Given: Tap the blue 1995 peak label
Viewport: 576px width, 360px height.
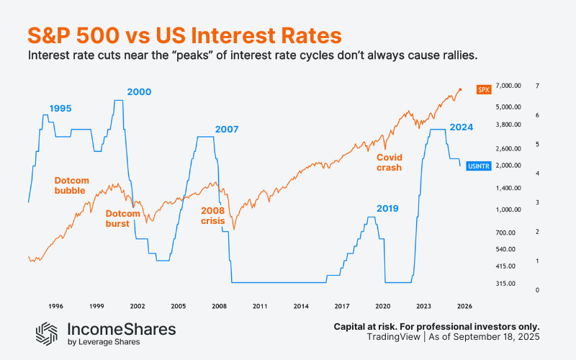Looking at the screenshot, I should [x=61, y=108].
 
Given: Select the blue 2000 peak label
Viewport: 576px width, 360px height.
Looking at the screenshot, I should [x=139, y=91].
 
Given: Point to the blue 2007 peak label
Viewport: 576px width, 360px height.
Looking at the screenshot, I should [x=227, y=130].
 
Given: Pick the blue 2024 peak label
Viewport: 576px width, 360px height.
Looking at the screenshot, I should [x=461, y=127].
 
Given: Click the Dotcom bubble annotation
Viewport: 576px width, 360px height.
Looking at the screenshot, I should [x=70, y=186].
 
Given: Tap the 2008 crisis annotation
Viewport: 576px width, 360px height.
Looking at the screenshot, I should [x=212, y=215].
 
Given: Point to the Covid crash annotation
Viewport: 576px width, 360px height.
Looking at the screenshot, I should [x=389, y=162].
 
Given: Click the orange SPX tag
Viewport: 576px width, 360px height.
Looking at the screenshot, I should [x=484, y=89].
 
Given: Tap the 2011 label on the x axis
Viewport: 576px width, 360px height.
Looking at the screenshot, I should [x=260, y=306].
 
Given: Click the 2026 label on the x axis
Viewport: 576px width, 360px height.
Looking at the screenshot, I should [x=464, y=306].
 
